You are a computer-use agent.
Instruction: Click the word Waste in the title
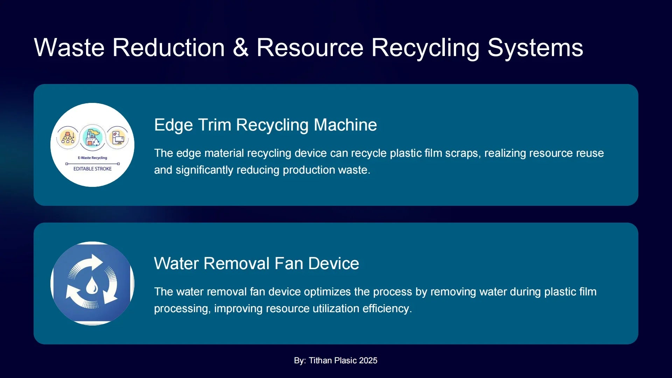coord(69,48)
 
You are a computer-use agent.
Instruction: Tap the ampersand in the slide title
coord(240,48)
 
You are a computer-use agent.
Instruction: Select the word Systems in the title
coord(535,48)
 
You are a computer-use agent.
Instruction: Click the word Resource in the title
coord(310,48)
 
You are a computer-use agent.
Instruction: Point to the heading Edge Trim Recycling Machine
coord(266,125)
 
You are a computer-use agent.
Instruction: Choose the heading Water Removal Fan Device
coord(257,264)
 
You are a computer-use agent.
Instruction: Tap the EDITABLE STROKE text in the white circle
coord(92,169)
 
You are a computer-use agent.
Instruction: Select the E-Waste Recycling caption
coord(92,158)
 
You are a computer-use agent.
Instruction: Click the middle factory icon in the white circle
coord(92,137)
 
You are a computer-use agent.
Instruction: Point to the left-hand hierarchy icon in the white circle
coord(68,137)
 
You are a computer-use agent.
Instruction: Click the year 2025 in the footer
coord(368,360)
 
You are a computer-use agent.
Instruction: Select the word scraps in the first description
coord(463,153)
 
